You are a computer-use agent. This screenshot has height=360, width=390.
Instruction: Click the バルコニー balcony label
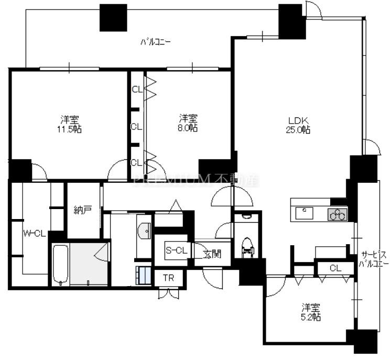[156, 42]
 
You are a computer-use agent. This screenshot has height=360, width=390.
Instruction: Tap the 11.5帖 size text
[69, 129]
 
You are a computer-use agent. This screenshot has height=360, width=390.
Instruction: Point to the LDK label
[298, 121]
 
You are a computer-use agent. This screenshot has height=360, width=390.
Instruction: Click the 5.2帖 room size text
[311, 317]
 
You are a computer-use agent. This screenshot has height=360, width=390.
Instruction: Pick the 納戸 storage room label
[83, 210]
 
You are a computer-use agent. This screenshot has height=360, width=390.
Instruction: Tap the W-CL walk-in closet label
[34, 234]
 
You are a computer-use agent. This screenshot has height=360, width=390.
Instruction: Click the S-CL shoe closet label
[176, 250]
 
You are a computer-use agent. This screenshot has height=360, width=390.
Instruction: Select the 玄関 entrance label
[212, 254]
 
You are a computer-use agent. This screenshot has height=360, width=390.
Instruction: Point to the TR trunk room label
[169, 278]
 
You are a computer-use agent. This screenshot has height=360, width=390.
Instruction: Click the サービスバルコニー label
[373, 259]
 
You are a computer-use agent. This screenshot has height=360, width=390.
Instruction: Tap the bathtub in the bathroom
[60, 265]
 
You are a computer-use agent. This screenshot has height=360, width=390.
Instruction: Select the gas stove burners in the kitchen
[337, 214]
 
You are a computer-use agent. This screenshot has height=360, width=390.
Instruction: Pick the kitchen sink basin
[304, 213]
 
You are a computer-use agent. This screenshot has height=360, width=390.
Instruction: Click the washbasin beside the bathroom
[144, 231]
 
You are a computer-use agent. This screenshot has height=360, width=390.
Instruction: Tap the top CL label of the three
[137, 89]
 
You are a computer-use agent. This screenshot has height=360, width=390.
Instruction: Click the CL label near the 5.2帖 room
[335, 268]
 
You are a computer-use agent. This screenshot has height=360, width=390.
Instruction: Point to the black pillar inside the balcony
[113, 18]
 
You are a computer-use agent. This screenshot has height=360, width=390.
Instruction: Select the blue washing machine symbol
[144, 276]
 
